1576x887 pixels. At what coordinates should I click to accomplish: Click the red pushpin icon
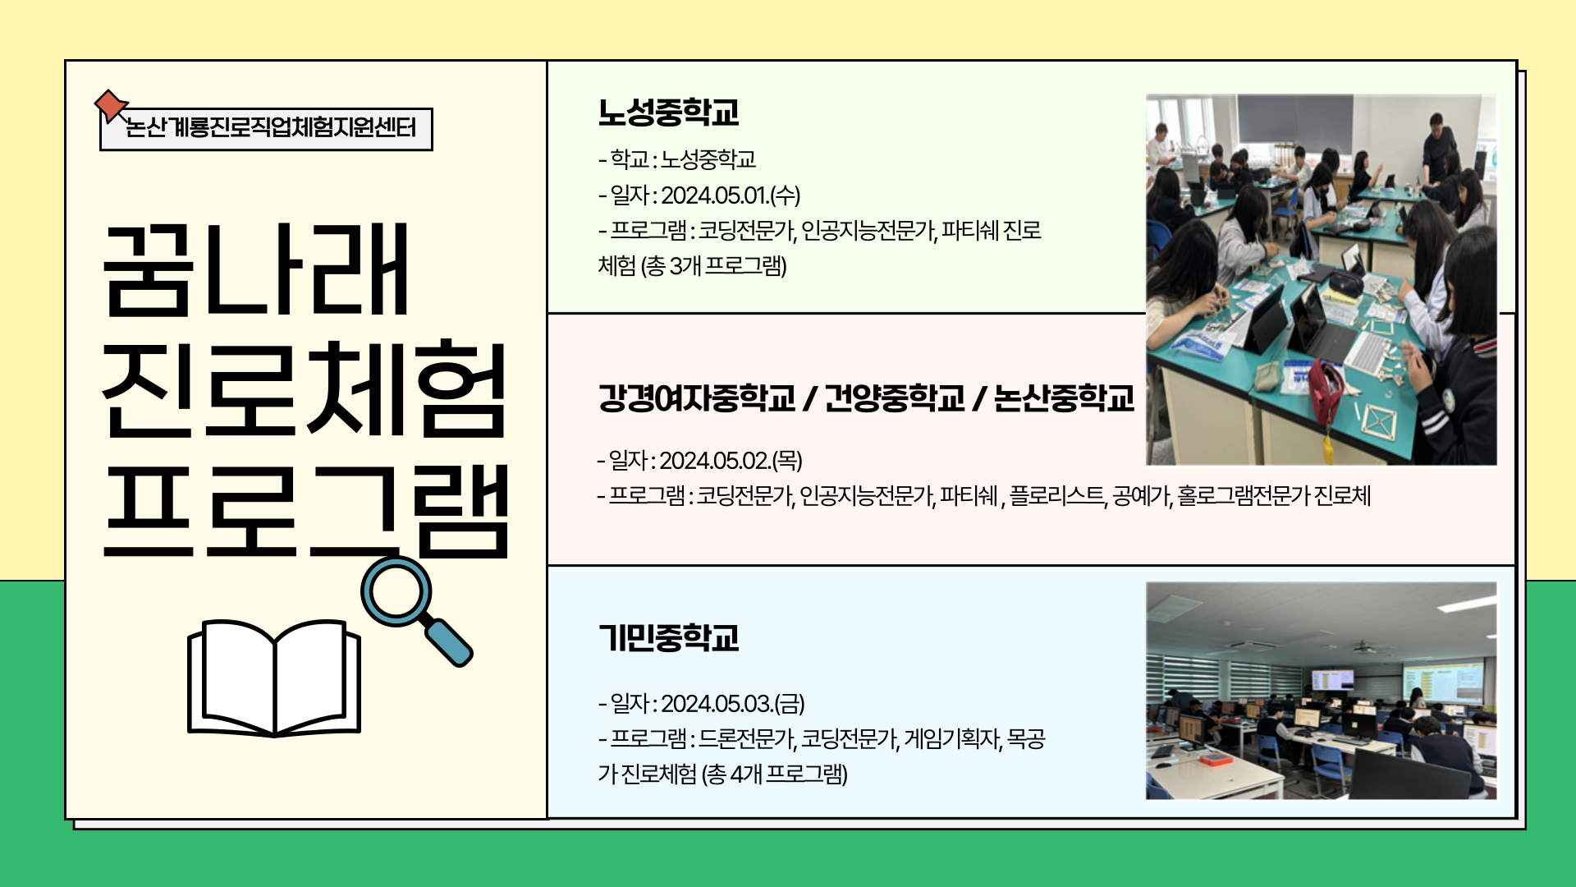pos(110,105)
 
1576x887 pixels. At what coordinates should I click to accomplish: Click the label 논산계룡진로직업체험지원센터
pos(271,128)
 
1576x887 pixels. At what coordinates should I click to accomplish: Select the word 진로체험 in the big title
pos(304,389)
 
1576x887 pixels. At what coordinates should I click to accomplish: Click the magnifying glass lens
pos(396,592)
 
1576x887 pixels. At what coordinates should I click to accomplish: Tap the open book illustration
pos(274,678)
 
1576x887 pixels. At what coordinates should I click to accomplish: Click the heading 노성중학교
pos(668,113)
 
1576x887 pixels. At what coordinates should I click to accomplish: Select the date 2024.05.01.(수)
pos(731,195)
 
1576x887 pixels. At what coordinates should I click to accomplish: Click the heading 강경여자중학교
pos(696,398)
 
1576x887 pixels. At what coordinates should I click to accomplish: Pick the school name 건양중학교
pos(894,398)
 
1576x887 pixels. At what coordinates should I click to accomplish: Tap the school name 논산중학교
pos(1064,398)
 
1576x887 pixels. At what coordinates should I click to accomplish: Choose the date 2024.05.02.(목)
pos(731,461)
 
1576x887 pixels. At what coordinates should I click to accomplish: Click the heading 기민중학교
pos(668,638)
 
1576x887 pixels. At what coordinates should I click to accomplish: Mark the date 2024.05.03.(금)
pos(732,704)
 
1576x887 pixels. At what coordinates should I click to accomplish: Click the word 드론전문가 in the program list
pos(746,739)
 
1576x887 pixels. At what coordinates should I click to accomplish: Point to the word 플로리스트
pos(1057,496)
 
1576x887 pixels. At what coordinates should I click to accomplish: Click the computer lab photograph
pos(1321,691)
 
